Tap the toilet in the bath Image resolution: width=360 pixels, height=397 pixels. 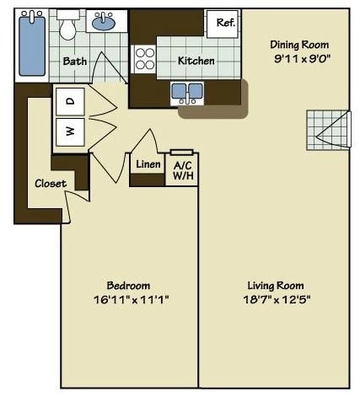[x=68, y=30]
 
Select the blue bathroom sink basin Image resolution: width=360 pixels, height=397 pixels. [x=104, y=23]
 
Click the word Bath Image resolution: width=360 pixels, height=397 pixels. [x=75, y=61]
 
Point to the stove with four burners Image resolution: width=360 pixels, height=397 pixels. [x=144, y=58]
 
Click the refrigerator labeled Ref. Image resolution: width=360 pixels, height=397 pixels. [x=225, y=23]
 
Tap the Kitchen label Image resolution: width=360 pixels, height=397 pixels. [x=196, y=61]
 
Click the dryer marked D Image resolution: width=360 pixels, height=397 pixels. [x=70, y=101]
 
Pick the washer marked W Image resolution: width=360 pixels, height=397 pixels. [x=70, y=131]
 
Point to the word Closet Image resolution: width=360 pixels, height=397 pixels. [x=51, y=184]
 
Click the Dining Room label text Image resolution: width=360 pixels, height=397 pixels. [x=298, y=44]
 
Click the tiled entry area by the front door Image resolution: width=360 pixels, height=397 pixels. [x=326, y=130]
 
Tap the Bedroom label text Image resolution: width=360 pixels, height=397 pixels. [x=128, y=285]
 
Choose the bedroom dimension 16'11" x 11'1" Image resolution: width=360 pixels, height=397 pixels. [x=128, y=299]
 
